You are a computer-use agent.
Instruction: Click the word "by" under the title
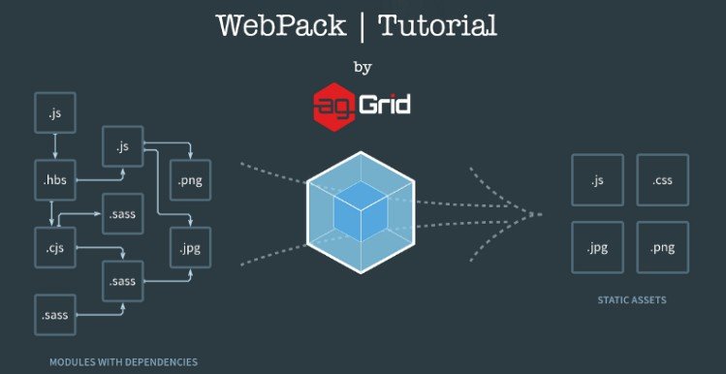[x=363, y=68]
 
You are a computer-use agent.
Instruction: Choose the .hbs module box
[x=55, y=181]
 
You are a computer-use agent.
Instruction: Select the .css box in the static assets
[x=663, y=180]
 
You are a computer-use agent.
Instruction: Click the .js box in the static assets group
[x=597, y=180]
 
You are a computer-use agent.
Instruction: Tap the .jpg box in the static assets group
[x=597, y=248]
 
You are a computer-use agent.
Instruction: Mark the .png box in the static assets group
[x=663, y=248]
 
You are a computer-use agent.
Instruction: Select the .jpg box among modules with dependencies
[x=191, y=247]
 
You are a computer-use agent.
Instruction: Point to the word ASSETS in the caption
[x=649, y=300]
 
